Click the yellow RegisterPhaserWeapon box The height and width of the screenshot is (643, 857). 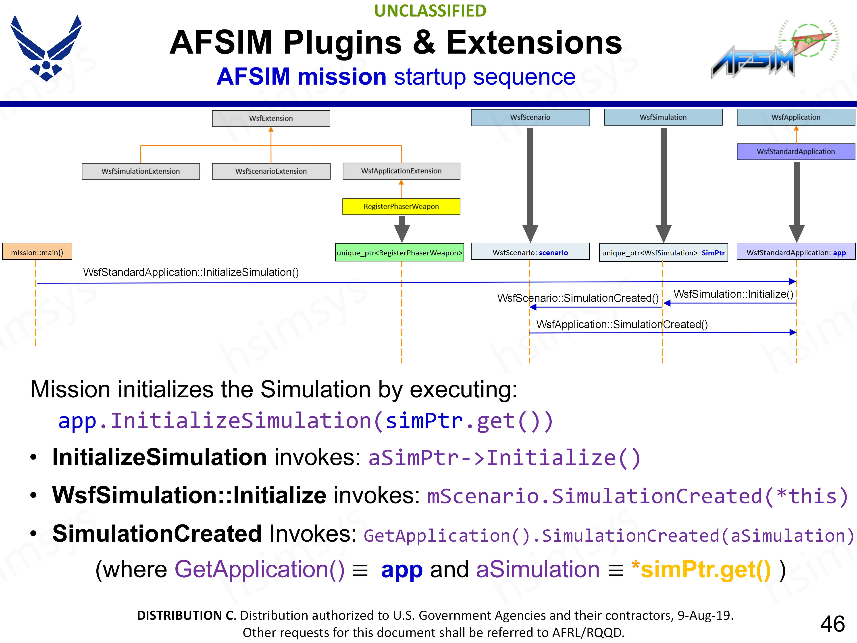(x=401, y=207)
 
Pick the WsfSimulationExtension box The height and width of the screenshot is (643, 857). (x=141, y=171)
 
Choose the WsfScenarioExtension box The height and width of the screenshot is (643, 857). (x=271, y=171)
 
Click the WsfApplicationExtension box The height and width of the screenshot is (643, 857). (x=401, y=171)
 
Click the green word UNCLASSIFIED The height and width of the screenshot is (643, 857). (x=430, y=11)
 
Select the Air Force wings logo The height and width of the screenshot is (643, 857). (x=46, y=48)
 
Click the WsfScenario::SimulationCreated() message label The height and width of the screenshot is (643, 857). (x=578, y=298)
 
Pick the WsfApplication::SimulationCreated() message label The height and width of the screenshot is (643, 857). (x=622, y=324)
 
